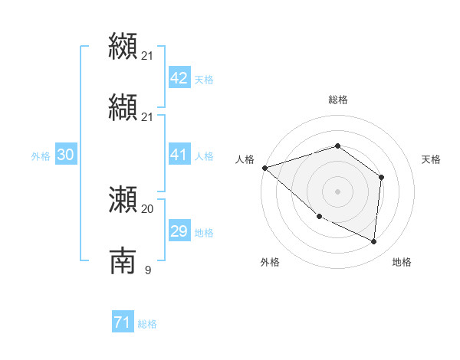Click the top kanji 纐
[123, 46]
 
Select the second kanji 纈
[123, 107]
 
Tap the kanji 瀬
[123, 199]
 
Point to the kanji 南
[123, 260]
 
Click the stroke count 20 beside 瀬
[147, 208]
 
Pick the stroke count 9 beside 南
[147, 270]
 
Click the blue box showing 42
[179, 78]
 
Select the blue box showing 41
[179, 155]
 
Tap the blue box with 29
[179, 231]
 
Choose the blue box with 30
[65, 155]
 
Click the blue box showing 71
[122, 323]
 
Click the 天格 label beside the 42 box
[204, 80]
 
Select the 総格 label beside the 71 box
[147, 325]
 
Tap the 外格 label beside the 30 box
[41, 156]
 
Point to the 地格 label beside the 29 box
[204, 233]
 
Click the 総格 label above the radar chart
[337, 100]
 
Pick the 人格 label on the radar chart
[245, 159]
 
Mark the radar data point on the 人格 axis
[264, 168]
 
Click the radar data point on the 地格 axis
[374, 242]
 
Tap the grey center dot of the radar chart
[337, 191]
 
